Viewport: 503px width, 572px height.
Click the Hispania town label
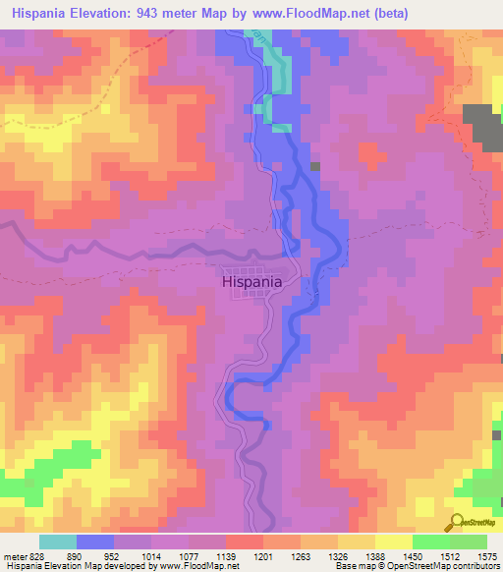pyautogui.click(x=251, y=281)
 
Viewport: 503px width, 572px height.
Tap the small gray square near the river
pyautogui.click(x=314, y=167)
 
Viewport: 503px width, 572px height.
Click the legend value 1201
pyautogui.click(x=262, y=555)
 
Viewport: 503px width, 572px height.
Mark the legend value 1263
pyautogui.click(x=300, y=555)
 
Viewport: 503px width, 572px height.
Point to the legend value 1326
pyautogui.click(x=337, y=555)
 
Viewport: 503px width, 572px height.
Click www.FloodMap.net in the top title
pyautogui.click(x=315, y=13)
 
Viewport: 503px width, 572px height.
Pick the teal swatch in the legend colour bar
pyautogui.click(x=58, y=542)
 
